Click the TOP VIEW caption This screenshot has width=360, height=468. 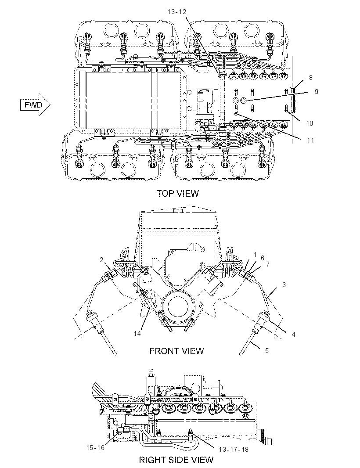coord(178,194)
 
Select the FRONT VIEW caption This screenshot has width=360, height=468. coord(176,351)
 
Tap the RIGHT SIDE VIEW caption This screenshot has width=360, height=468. coord(176,460)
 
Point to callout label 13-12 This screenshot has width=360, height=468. coord(177,12)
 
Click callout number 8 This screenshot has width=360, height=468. coord(311,78)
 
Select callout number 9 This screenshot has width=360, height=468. coord(317,92)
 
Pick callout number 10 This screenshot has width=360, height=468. coord(309,123)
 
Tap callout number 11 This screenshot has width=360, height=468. coord(310,140)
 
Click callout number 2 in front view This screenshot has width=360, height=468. coord(101,259)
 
